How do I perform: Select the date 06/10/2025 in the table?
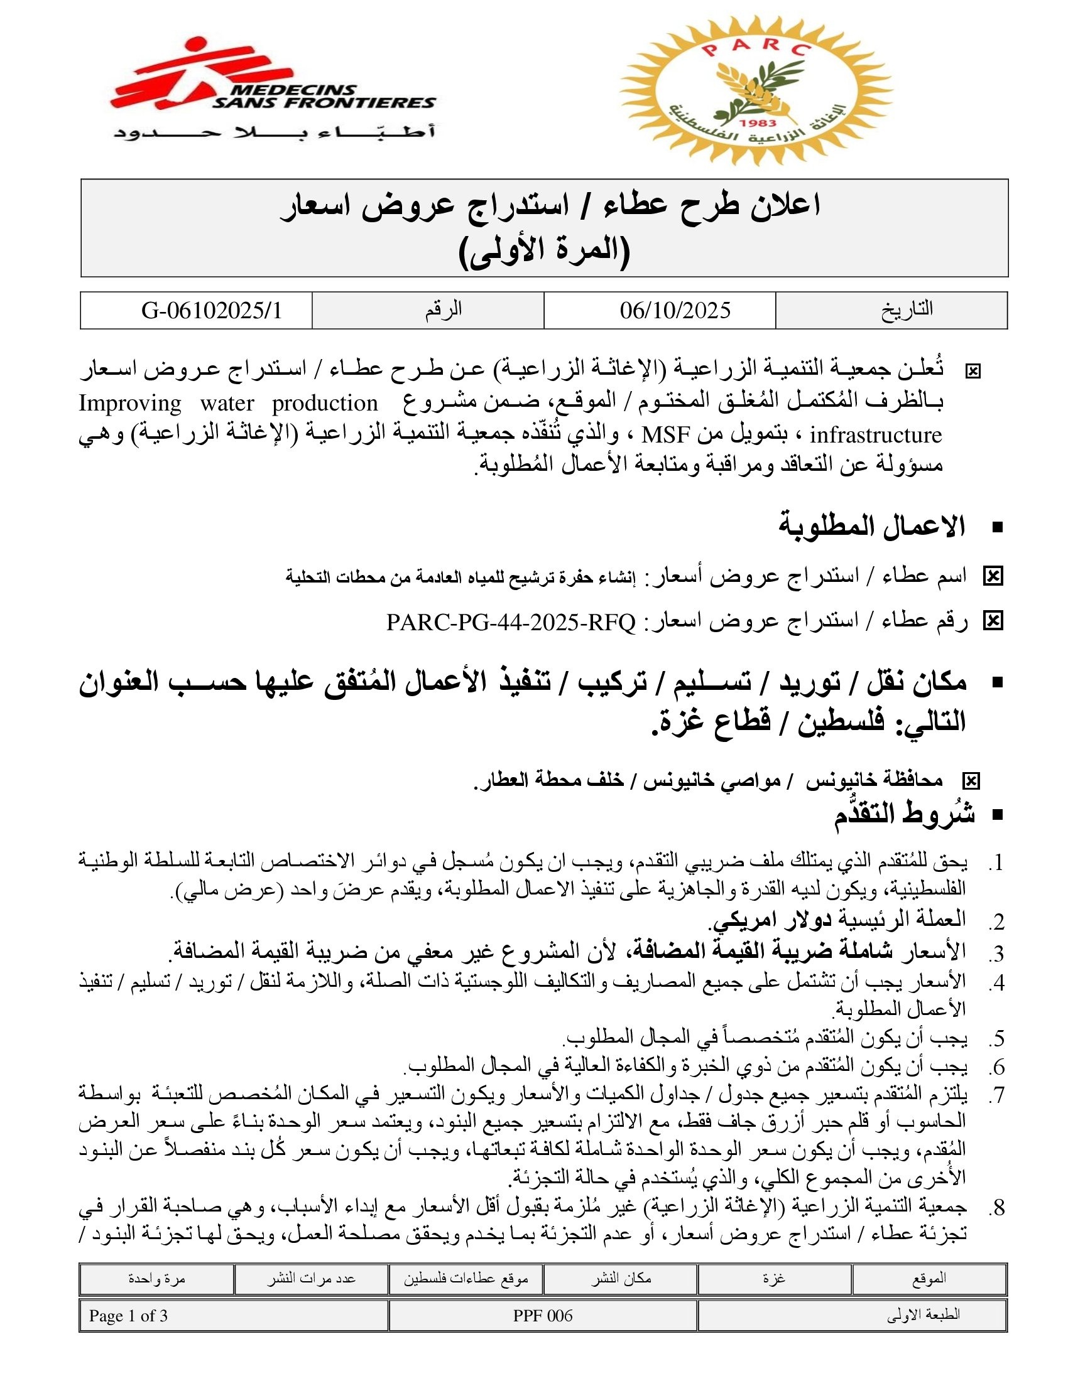tap(675, 311)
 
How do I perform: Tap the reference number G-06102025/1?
tap(211, 311)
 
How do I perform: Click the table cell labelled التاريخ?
tap(907, 310)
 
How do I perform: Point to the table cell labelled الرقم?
tap(443, 310)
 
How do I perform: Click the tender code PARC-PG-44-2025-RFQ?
tap(511, 623)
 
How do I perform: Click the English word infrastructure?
tap(876, 435)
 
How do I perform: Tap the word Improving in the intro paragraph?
tap(129, 404)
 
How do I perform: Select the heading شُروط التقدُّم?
tap(904, 814)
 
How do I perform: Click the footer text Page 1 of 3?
tap(128, 1316)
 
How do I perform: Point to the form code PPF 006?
tap(542, 1316)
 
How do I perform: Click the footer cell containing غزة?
tap(774, 1279)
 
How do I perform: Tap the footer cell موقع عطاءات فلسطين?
tap(466, 1279)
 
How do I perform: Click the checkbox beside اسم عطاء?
tap(993, 576)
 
